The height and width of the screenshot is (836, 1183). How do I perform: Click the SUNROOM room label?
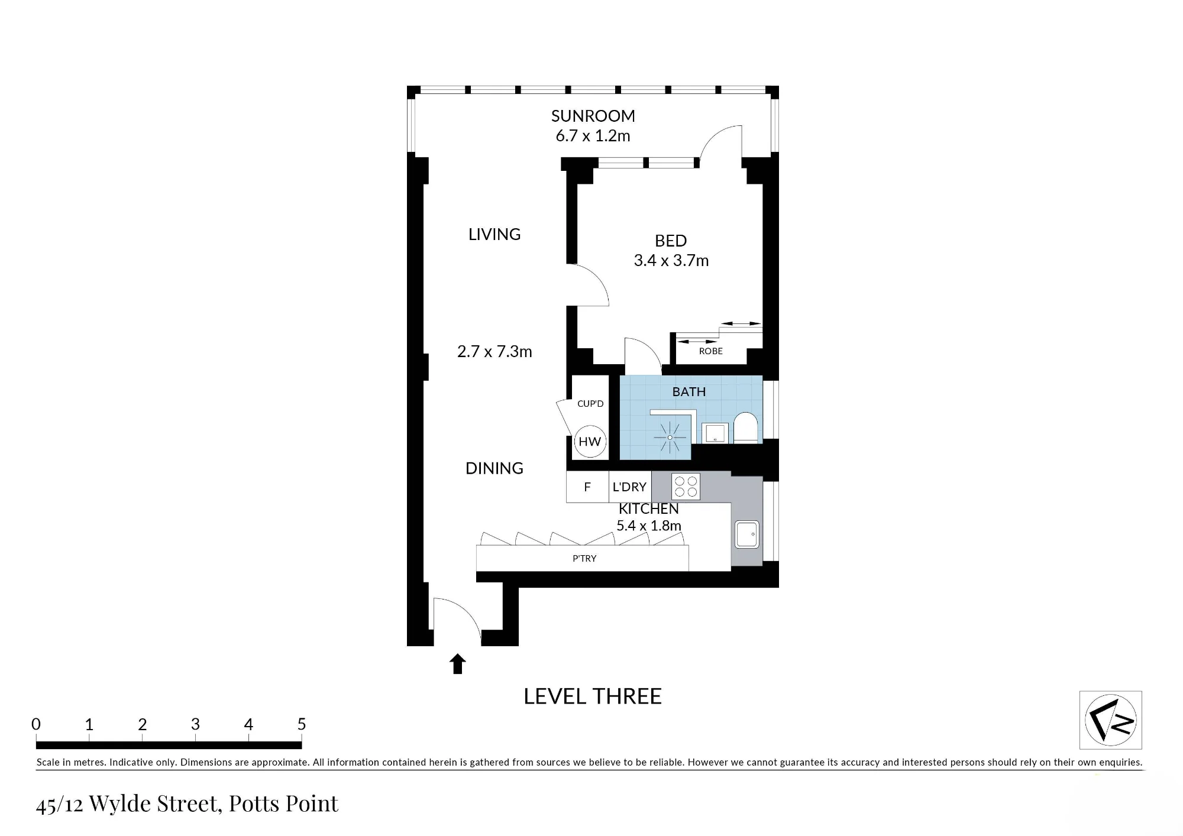[x=593, y=116]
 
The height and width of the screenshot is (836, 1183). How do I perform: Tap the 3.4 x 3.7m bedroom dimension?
[x=671, y=261]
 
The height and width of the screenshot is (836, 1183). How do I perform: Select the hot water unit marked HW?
[x=590, y=442]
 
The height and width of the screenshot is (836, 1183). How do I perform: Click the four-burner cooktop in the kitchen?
[x=686, y=487]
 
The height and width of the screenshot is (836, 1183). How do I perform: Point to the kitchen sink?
[x=746, y=534]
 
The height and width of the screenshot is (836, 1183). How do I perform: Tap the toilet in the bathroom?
[x=745, y=427]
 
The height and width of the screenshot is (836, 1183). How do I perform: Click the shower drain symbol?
[x=670, y=438]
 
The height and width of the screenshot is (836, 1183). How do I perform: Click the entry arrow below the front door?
[x=458, y=664]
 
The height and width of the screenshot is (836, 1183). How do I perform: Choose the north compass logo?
[x=1110, y=720]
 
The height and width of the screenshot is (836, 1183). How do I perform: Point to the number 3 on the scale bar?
[x=195, y=724]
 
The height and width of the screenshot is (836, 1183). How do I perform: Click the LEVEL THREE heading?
[x=593, y=696]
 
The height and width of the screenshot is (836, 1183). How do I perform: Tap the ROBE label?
[x=711, y=351]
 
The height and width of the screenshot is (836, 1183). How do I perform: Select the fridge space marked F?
[x=587, y=487]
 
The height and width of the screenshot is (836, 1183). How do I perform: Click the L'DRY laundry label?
[x=629, y=487]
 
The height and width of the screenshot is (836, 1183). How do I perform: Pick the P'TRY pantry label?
[x=584, y=558]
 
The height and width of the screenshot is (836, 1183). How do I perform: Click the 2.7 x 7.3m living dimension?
[x=494, y=352]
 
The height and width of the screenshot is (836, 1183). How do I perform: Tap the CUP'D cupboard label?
[x=590, y=404]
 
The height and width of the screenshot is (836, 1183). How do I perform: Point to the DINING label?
[x=494, y=468]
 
